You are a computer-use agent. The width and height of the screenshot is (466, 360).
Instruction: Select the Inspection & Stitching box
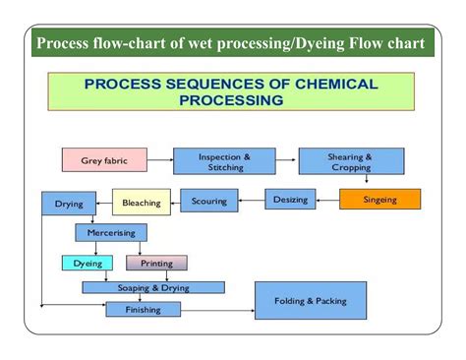[x=224, y=161]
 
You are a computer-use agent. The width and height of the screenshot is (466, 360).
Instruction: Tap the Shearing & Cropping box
[x=351, y=161]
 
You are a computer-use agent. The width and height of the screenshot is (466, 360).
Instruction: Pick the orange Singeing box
[x=379, y=200]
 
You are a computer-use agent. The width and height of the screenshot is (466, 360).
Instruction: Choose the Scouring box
[x=208, y=202]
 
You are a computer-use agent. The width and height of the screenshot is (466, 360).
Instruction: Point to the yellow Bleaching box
[x=142, y=203]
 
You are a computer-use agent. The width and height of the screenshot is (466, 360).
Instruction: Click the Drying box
[x=69, y=204]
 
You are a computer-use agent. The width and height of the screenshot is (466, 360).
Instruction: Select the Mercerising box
[x=111, y=233]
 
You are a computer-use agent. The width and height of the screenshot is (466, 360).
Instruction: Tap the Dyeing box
[x=88, y=263]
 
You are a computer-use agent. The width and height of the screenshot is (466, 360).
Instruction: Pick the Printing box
[x=156, y=263]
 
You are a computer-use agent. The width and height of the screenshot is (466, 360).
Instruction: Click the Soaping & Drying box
[x=152, y=287]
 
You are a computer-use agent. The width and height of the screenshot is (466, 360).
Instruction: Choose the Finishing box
[x=143, y=309]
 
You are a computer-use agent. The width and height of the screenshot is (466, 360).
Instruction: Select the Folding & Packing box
[x=310, y=300]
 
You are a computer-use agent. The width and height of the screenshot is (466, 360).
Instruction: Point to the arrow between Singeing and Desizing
[x=329, y=200]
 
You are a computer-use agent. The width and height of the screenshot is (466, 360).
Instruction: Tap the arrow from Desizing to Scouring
[x=251, y=201]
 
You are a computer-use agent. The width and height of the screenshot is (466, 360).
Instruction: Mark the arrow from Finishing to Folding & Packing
[x=218, y=309]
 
